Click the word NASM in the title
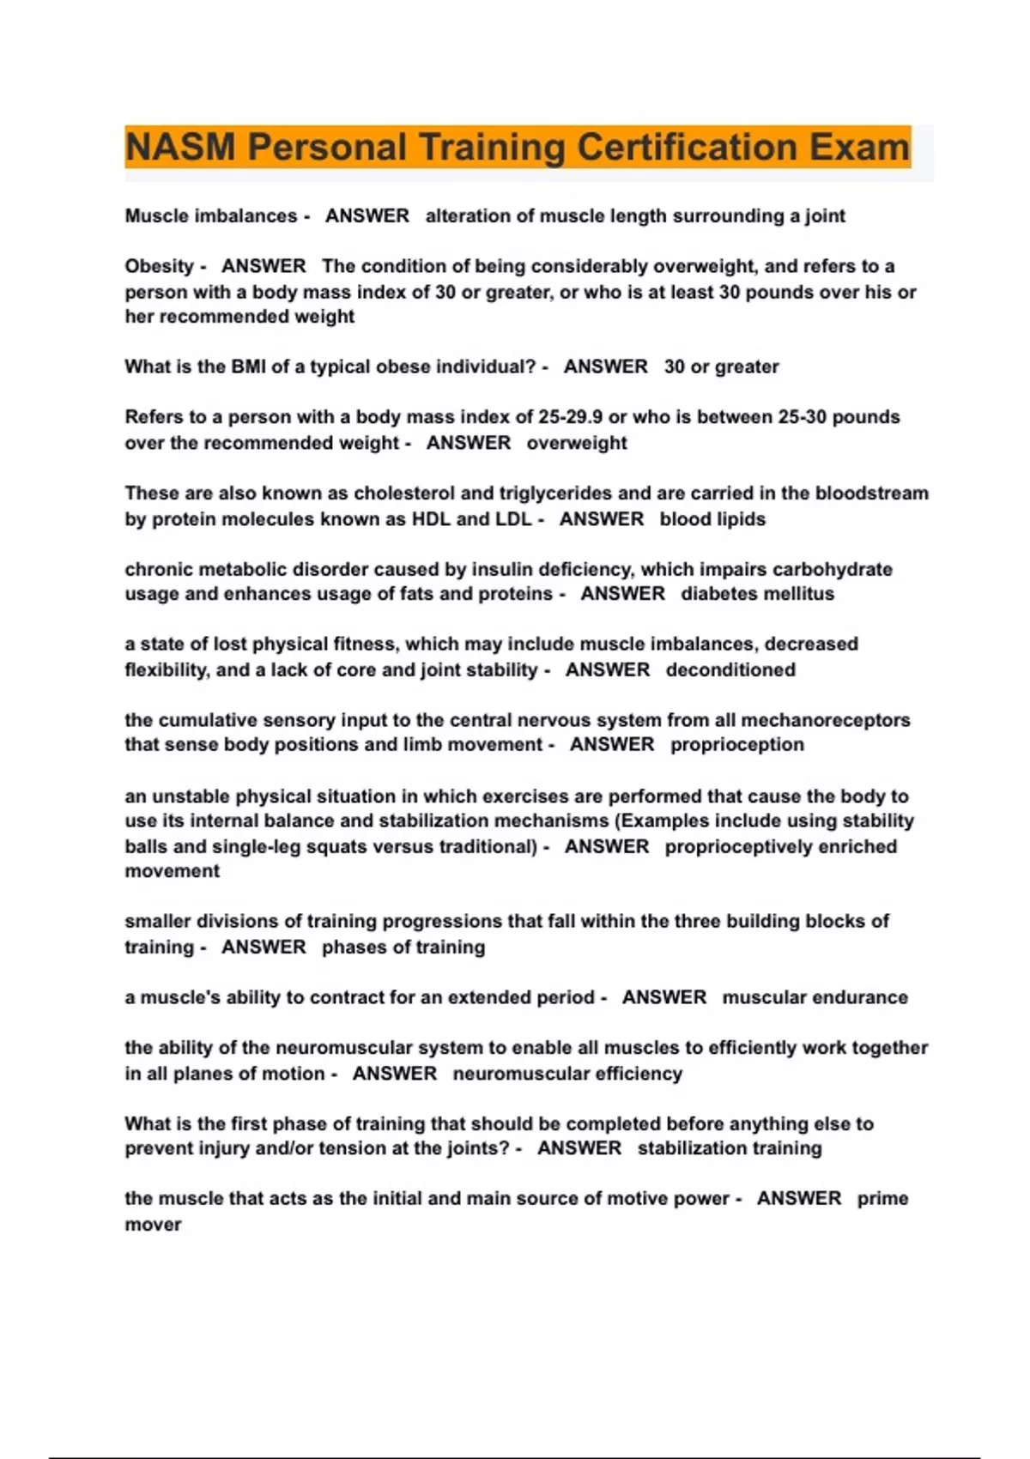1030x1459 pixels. click(179, 147)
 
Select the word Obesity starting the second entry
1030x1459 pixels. click(160, 266)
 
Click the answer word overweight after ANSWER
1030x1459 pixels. click(577, 443)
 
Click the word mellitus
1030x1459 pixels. click(801, 594)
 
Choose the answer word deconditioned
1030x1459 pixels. click(730, 669)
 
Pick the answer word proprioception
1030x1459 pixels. click(737, 745)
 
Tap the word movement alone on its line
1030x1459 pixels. click(172, 871)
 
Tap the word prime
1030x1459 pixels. click(882, 1198)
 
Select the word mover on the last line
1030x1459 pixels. click(153, 1225)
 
